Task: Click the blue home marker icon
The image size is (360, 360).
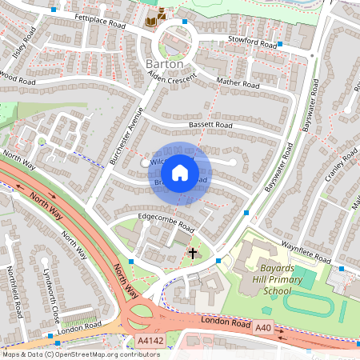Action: pyautogui.click(x=180, y=172)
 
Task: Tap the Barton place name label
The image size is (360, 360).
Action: pyautogui.click(x=165, y=63)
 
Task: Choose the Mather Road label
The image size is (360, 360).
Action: pyautogui.click(x=238, y=81)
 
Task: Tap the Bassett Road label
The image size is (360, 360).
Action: pyautogui.click(x=210, y=126)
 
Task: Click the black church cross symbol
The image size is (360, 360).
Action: pyautogui.click(x=192, y=254)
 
